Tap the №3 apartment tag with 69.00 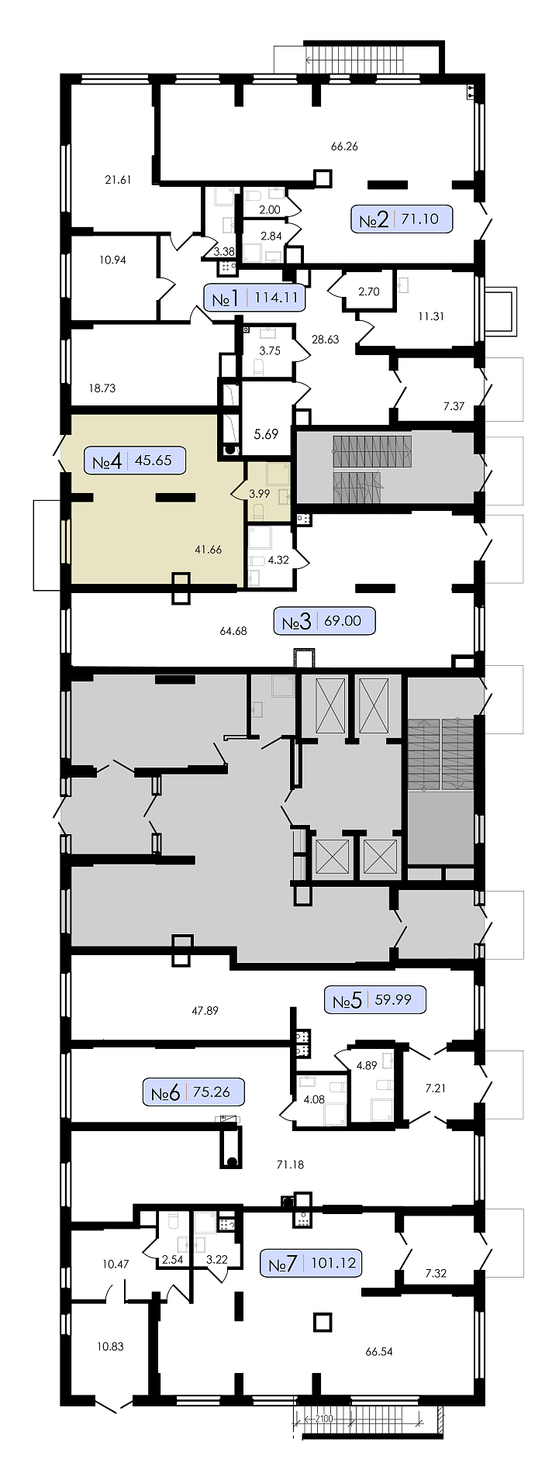pyautogui.click(x=325, y=621)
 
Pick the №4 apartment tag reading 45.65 pyautogui.click(x=135, y=461)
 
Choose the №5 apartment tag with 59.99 pyautogui.click(x=375, y=999)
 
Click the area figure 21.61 pyautogui.click(x=118, y=180)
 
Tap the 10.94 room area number pyautogui.click(x=112, y=260)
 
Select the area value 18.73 pyautogui.click(x=102, y=388)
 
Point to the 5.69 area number pyautogui.click(x=266, y=434)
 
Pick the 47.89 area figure pyautogui.click(x=205, y=1010)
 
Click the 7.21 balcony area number pyautogui.click(x=436, y=1088)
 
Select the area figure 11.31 pyautogui.click(x=430, y=316)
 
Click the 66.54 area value pyautogui.click(x=379, y=1351)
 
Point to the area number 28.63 pyautogui.click(x=325, y=339)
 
